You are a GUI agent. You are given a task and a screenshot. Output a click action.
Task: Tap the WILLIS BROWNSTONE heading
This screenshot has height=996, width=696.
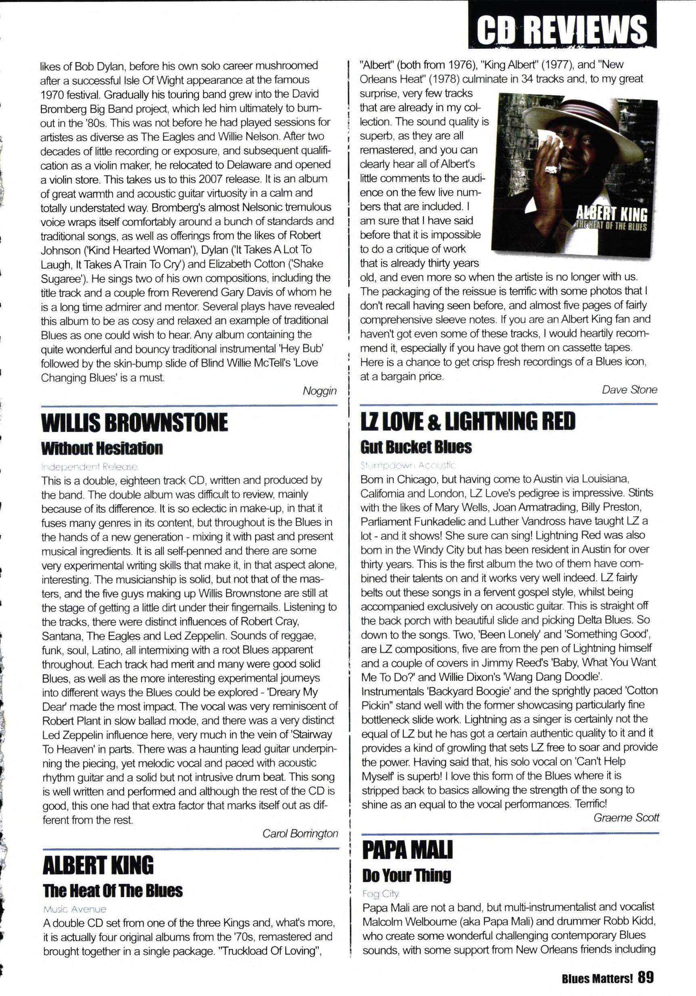[x=134, y=422]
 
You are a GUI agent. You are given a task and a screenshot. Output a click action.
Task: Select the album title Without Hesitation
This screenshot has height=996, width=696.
[x=102, y=448]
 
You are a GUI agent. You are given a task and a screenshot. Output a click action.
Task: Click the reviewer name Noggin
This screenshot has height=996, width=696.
[x=320, y=391]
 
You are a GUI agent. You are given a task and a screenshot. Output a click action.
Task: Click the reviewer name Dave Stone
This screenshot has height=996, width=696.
[x=629, y=390]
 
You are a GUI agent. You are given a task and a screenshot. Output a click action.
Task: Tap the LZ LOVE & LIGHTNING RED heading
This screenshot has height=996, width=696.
[x=468, y=421]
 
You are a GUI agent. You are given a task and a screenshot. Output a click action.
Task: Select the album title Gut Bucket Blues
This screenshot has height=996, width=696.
[x=416, y=447]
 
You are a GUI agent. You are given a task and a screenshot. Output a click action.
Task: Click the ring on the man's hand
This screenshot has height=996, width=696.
[x=552, y=169]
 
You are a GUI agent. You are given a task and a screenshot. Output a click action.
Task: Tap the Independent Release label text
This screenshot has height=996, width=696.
[x=90, y=467]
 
